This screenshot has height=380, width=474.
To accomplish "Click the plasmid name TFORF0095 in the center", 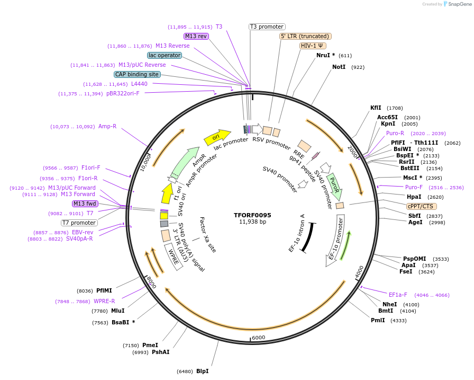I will tap(252, 215).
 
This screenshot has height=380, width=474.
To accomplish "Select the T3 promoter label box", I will tap(267, 26).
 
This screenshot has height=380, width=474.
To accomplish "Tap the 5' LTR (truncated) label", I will tap(305, 36).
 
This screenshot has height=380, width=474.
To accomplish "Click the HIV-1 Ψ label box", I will tap(312, 46).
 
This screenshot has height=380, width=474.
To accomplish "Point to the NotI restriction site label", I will tap(339, 67).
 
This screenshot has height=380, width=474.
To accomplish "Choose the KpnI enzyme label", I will tap(388, 124).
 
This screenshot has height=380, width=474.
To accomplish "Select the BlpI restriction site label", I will tap(202, 371).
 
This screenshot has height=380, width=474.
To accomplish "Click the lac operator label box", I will tap(165, 55).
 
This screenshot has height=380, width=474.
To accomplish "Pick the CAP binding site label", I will tap(137, 74).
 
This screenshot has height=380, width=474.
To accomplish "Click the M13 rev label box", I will tap(196, 36).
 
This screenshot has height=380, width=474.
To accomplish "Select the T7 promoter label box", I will tap(79, 223).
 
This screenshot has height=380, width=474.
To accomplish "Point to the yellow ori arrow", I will tap(217, 137).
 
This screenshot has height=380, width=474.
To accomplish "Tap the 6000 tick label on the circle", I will tap(258, 338).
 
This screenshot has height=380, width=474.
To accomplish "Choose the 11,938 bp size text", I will tap(252, 222).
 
